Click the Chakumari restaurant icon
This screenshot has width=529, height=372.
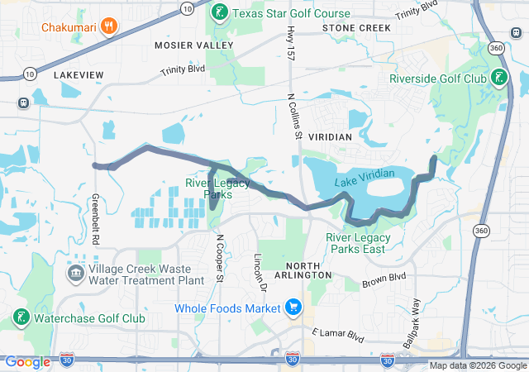(x=109, y=26)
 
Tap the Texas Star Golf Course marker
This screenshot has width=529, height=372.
(x=219, y=12)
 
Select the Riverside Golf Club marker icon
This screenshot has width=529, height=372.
(x=499, y=79)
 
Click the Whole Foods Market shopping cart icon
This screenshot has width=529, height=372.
(x=293, y=308)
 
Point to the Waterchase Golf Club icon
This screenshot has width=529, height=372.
(x=20, y=317)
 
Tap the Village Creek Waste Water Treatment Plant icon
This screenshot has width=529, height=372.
(x=75, y=273)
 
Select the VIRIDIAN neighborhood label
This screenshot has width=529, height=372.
(x=330, y=136)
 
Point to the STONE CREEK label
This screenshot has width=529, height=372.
(x=355, y=28)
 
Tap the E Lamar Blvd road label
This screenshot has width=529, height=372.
(x=338, y=335)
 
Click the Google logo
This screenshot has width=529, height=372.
(x=27, y=362)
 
